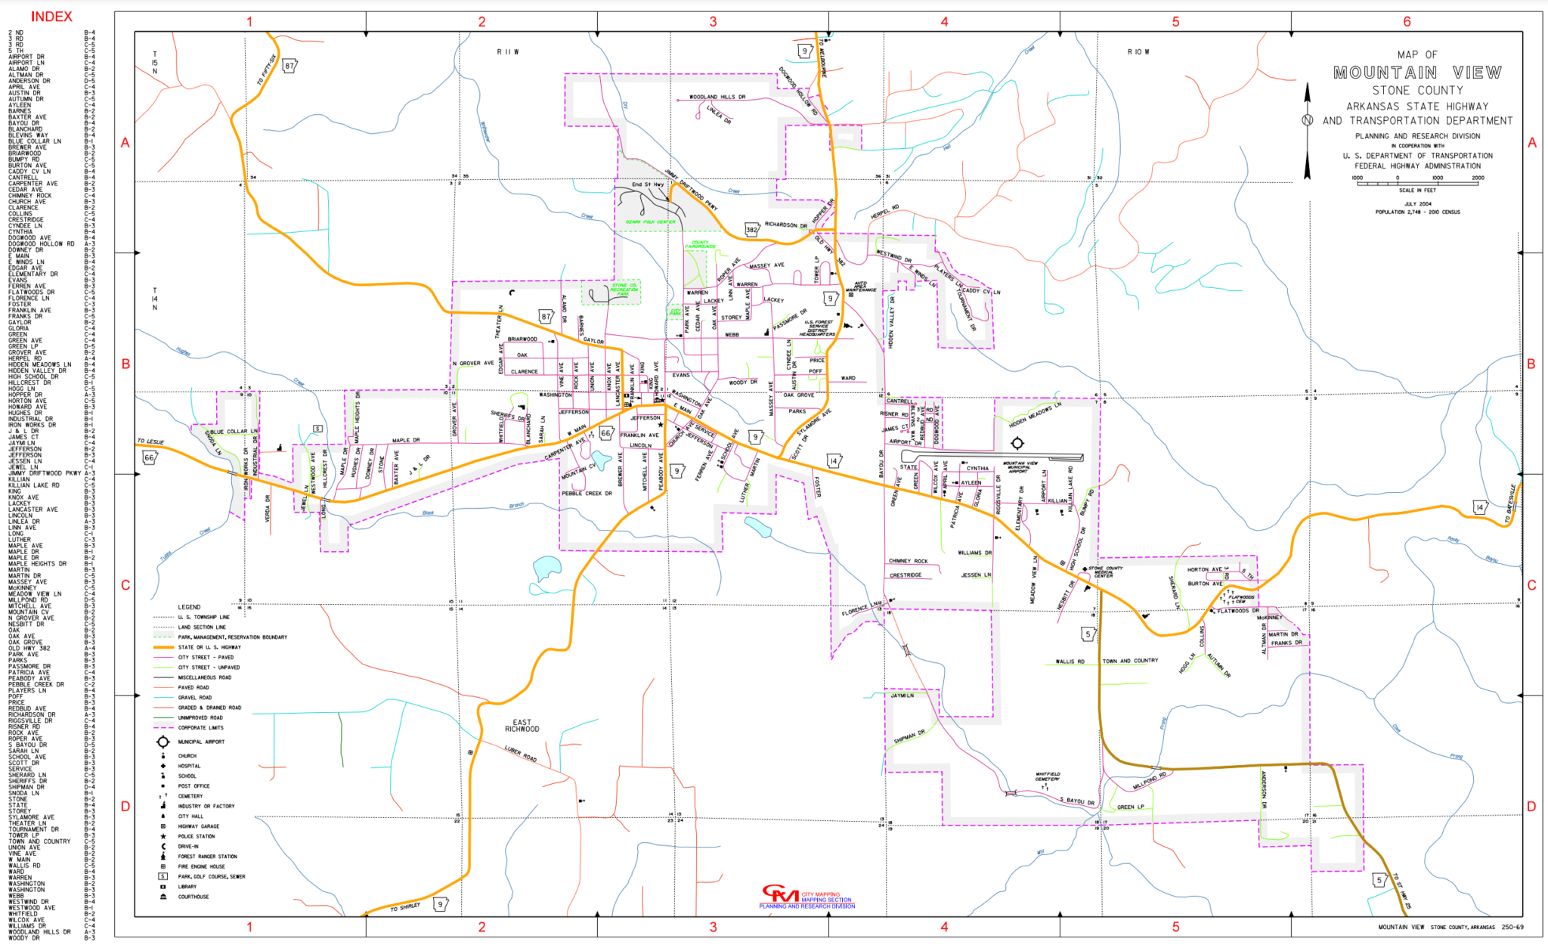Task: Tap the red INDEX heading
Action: pyautogui.click(x=51, y=17)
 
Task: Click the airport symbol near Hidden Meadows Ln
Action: pyautogui.click(x=1017, y=443)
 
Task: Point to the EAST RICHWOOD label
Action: pyautogui.click(x=522, y=726)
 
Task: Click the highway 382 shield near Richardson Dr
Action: pyautogui.click(x=751, y=229)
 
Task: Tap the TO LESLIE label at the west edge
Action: pyautogui.click(x=150, y=441)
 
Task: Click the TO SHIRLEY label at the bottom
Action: pyautogui.click(x=405, y=907)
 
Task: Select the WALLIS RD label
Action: pyautogui.click(x=1070, y=661)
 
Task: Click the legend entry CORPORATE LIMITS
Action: pyautogui.click(x=200, y=728)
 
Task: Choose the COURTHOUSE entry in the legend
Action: pyautogui.click(x=193, y=897)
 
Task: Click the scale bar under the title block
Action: pyautogui.click(x=1417, y=182)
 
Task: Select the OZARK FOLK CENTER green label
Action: pyautogui.click(x=650, y=222)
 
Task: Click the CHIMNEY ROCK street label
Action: pyautogui.click(x=908, y=561)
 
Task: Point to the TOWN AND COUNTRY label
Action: pyautogui.click(x=1130, y=661)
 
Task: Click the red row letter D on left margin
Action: pyautogui.click(x=125, y=806)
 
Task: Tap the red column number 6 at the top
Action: pyautogui.click(x=1407, y=21)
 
